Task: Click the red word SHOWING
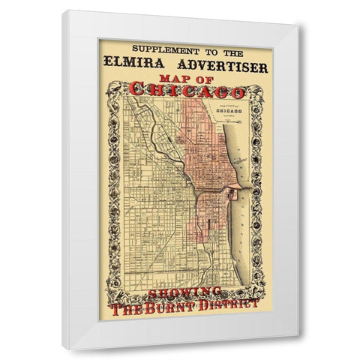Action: click(x=184, y=291)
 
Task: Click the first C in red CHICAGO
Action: click(x=136, y=91)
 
